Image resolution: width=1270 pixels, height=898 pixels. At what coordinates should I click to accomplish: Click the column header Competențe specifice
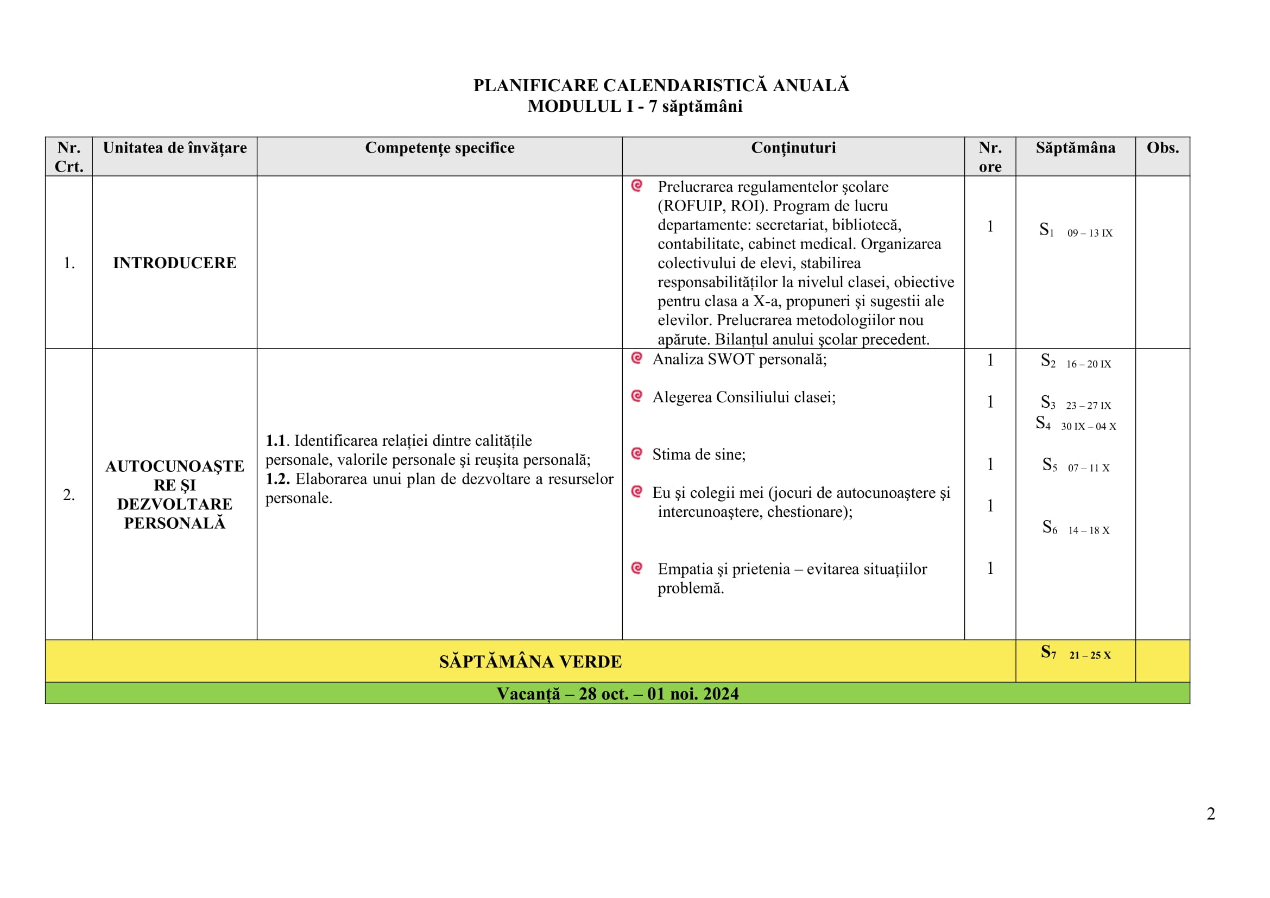click(x=439, y=148)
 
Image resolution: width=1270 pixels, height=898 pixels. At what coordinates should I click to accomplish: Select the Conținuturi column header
click(x=793, y=148)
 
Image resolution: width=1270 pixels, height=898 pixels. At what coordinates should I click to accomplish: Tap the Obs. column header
click(x=1162, y=148)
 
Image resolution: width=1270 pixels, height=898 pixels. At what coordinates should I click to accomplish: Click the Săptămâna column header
click(x=1075, y=148)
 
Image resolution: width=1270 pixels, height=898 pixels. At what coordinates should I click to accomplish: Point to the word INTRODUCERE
click(x=175, y=263)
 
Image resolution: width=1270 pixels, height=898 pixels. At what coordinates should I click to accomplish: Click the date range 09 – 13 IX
click(x=1089, y=233)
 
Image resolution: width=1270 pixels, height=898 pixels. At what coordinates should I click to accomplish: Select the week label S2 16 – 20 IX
click(x=1076, y=363)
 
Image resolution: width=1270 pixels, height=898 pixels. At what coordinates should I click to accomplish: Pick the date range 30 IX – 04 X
click(x=1088, y=426)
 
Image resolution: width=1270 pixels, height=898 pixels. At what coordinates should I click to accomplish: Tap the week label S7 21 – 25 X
click(x=1076, y=654)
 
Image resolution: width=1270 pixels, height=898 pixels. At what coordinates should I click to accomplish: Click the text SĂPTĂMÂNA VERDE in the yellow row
click(x=530, y=661)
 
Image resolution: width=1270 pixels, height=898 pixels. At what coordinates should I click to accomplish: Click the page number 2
click(x=1210, y=813)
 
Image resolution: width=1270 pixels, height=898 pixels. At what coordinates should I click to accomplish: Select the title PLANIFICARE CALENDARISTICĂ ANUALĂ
click(x=660, y=86)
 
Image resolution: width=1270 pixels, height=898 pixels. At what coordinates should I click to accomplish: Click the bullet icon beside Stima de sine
click(x=637, y=453)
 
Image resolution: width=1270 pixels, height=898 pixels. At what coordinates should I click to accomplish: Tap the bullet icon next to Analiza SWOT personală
click(x=637, y=358)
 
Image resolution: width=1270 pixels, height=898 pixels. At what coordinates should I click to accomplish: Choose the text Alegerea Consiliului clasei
click(x=743, y=397)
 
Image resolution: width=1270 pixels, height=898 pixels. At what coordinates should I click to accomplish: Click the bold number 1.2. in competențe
click(x=277, y=479)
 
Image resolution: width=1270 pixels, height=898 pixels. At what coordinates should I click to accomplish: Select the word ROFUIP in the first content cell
click(x=691, y=206)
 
